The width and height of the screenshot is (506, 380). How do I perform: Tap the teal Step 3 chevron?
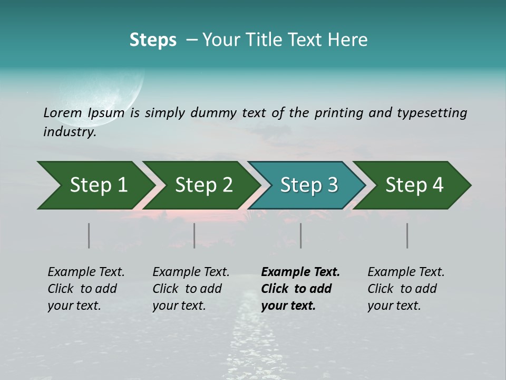pos(308,185)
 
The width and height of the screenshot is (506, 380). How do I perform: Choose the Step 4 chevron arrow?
pos(414,185)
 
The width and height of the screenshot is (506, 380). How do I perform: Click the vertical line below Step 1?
pos(89,235)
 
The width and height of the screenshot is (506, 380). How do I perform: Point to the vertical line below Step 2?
pos(194,235)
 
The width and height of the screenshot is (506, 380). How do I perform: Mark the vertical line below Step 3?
pos(301,235)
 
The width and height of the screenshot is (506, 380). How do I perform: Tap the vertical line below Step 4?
pos(407,235)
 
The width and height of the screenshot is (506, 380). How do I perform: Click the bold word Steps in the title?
pos(153,40)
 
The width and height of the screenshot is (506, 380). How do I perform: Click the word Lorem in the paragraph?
pos(62,112)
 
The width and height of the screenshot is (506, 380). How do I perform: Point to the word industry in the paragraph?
pos(70,132)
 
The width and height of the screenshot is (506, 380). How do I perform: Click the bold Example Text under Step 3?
pos(300,272)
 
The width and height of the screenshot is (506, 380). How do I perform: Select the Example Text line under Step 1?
pos(86,272)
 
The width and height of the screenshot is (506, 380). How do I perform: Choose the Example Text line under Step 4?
pos(406,272)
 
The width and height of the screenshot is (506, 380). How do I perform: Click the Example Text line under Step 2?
pos(191,272)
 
